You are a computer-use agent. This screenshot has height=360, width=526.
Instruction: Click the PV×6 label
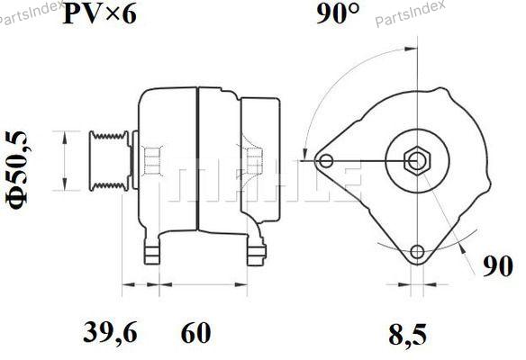[x=100, y=14]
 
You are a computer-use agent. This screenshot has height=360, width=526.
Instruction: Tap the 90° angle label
[x=338, y=13]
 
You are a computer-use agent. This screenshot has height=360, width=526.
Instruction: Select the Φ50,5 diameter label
[x=17, y=170]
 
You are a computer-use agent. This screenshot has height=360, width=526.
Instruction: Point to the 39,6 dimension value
[x=111, y=332]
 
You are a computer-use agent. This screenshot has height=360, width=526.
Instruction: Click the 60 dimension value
[x=196, y=332]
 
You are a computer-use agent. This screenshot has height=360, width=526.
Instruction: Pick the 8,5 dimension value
[x=408, y=334]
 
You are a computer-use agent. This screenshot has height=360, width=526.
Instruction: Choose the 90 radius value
[x=498, y=266]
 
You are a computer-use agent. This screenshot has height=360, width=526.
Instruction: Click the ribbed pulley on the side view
[x=109, y=161]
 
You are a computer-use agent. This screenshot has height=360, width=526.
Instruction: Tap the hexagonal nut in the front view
[x=417, y=161]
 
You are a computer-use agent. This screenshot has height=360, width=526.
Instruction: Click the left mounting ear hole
[x=326, y=161]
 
